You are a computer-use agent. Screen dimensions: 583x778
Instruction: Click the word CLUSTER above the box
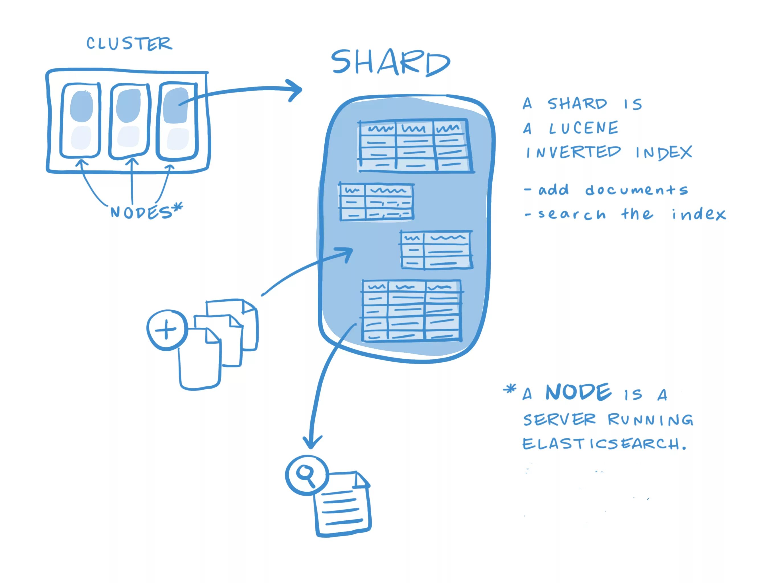(129, 44)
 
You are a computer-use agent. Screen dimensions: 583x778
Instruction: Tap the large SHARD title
(390, 63)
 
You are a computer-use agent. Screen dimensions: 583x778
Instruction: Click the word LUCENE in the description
(583, 128)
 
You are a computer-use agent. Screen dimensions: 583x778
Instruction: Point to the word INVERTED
(573, 152)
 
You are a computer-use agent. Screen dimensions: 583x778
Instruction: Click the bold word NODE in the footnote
(579, 393)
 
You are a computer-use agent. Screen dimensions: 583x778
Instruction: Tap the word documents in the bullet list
(636, 190)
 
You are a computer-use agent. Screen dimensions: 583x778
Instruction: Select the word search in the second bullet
(572, 214)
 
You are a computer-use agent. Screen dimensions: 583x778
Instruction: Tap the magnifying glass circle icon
(307, 475)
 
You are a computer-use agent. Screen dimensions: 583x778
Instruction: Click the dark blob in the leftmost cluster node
(82, 106)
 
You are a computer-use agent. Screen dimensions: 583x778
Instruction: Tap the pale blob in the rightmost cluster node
(178, 139)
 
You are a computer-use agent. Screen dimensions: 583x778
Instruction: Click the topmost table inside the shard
(415, 145)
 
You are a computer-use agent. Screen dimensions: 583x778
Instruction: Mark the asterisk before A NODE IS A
(509, 389)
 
